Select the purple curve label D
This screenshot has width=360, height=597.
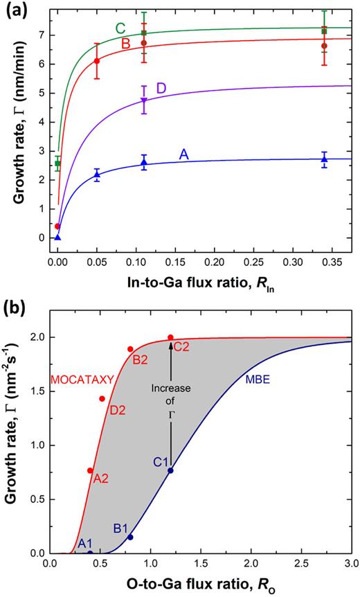tap(161, 88)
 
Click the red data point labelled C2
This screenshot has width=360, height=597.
tap(170, 337)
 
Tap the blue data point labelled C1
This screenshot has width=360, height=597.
tap(170, 470)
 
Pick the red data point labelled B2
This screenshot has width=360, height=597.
tap(130, 349)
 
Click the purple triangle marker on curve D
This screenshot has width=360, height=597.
tap(144, 100)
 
